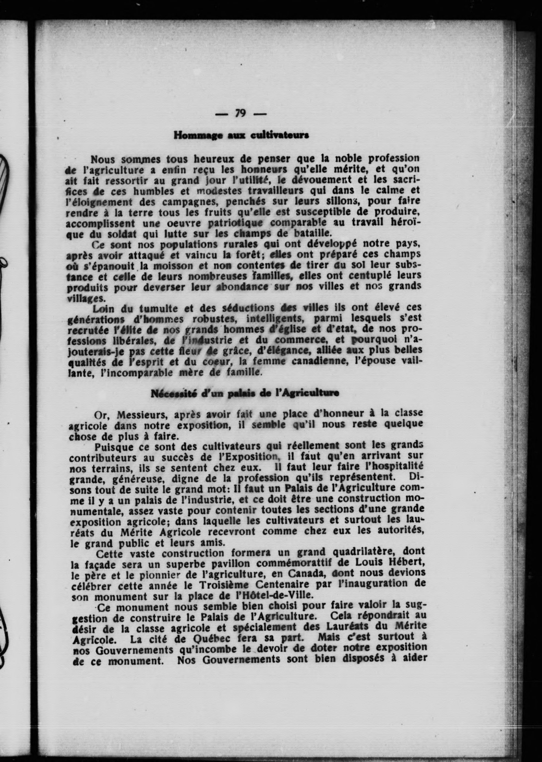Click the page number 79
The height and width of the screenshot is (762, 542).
click(x=240, y=114)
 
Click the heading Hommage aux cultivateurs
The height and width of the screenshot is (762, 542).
click(x=241, y=135)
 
